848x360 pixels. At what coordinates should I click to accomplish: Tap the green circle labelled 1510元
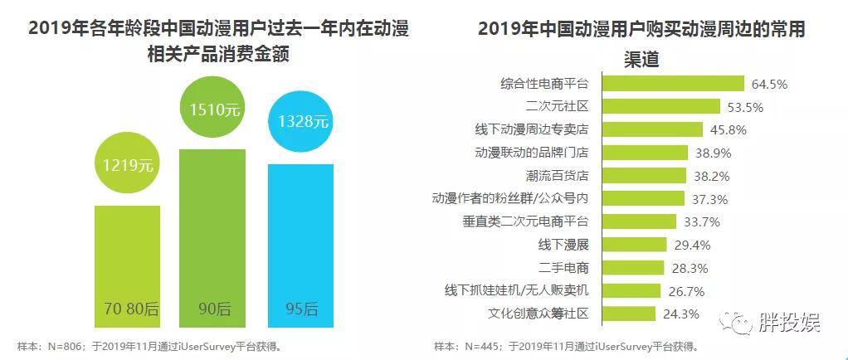[213, 108]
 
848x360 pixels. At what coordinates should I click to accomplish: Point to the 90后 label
[213, 309]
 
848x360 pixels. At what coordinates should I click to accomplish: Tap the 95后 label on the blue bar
[300, 309]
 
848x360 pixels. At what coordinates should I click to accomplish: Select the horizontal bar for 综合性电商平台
[670, 83]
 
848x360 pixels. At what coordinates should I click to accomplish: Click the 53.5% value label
[743, 107]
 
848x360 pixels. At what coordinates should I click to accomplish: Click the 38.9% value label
[712, 153]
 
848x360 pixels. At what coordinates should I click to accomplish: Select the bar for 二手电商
[631, 267]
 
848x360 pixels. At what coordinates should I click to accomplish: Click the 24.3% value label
[681, 314]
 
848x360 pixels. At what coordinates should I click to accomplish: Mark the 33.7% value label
[700, 221]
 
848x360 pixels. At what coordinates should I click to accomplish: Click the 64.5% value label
[769, 84]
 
